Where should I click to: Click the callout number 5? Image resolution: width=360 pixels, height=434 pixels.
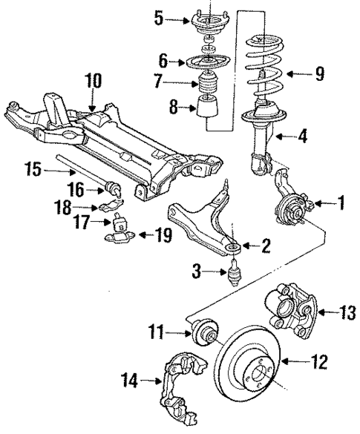[157, 17]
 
